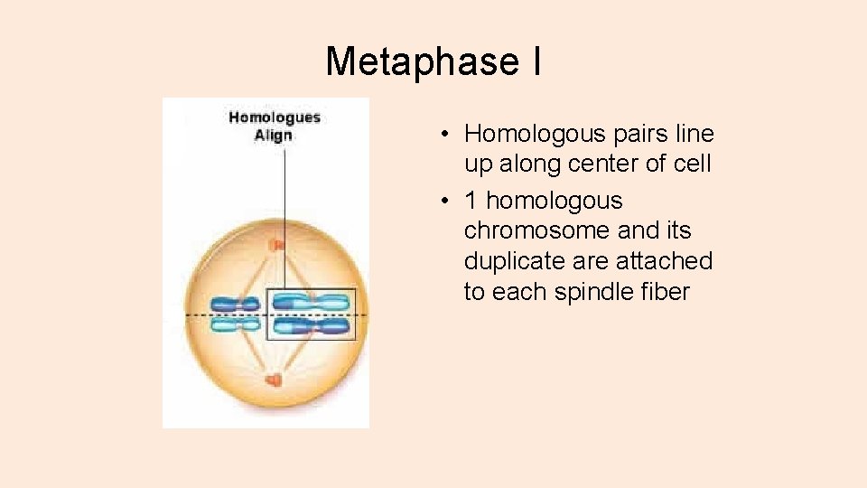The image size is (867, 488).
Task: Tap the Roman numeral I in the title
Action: coord(536,61)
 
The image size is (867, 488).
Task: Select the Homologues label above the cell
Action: coord(275,117)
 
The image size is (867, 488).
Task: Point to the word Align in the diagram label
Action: coord(273,136)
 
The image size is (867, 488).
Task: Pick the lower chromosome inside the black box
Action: coord(311,326)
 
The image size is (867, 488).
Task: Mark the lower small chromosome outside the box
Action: coord(235,324)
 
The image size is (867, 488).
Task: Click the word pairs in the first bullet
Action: coord(639,134)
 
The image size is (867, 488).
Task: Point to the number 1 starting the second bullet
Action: coord(471,201)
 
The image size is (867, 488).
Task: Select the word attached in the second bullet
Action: coord(667,261)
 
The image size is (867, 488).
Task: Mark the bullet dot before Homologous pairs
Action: coord(445,136)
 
